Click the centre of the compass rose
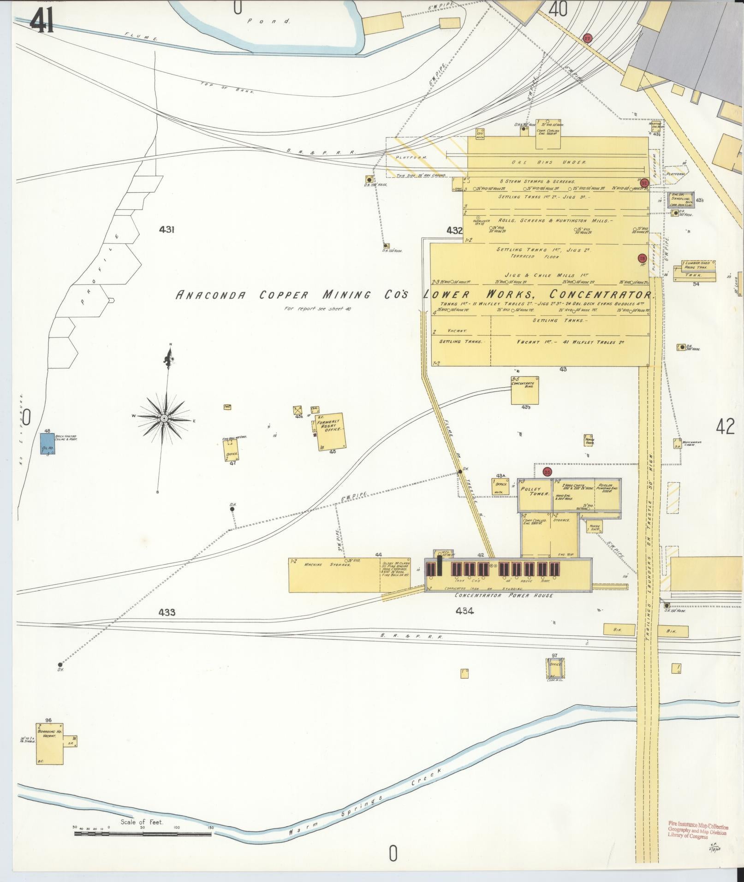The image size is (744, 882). [164, 418]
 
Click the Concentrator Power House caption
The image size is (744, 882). [503, 595]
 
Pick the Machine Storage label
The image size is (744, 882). [329, 564]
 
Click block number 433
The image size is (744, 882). [167, 612]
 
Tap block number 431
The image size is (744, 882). [166, 229]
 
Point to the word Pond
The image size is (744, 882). [268, 21]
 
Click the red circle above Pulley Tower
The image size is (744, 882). [547, 472]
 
